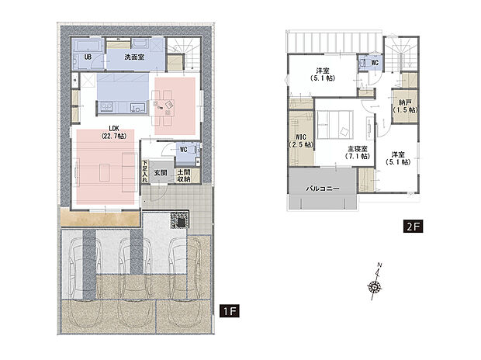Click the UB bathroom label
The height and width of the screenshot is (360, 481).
pos(88,57)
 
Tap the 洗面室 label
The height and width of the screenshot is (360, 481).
pos(138,57)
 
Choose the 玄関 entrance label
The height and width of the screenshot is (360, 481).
pos(160,172)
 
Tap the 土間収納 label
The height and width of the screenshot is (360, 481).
pos(185,176)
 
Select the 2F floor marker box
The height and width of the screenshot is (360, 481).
pos(412,227)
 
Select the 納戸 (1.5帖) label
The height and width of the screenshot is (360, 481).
pos(404,106)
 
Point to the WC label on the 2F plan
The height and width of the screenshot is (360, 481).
pos(375,61)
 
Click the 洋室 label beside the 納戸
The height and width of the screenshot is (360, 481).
pos(399,157)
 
